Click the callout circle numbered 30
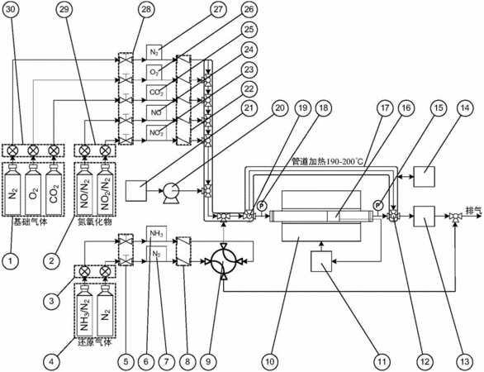[x=10, y=10]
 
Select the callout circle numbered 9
[x=208, y=361]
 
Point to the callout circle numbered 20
[x=280, y=107]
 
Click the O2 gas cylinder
[x=33, y=189]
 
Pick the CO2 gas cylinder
[x=54, y=189]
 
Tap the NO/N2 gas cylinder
[x=84, y=189]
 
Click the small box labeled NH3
[x=156, y=233]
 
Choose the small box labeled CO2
[x=156, y=93]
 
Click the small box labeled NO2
[x=156, y=132]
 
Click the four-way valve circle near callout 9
[x=222, y=262]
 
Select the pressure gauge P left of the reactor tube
[x=262, y=205]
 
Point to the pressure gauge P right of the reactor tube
[x=378, y=205]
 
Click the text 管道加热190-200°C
[x=328, y=161]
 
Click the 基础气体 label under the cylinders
[x=30, y=222]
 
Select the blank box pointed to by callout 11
[x=321, y=261]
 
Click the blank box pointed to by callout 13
[x=424, y=217]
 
